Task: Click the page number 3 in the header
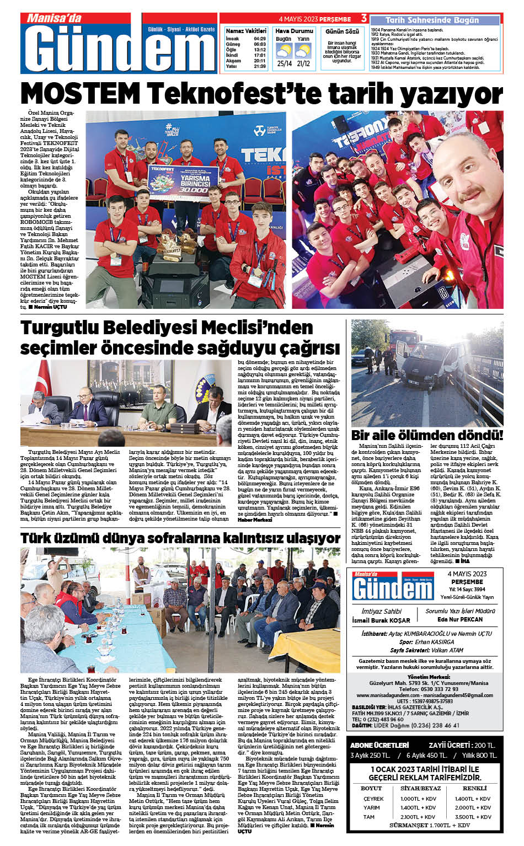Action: click(363, 18)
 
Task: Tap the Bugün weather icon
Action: click(284, 51)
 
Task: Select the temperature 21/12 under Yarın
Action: click(303, 63)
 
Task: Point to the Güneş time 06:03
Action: click(260, 44)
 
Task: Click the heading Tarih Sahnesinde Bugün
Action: click(432, 20)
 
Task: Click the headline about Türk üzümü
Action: click(180, 538)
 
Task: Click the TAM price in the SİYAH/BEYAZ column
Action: click(418, 817)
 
